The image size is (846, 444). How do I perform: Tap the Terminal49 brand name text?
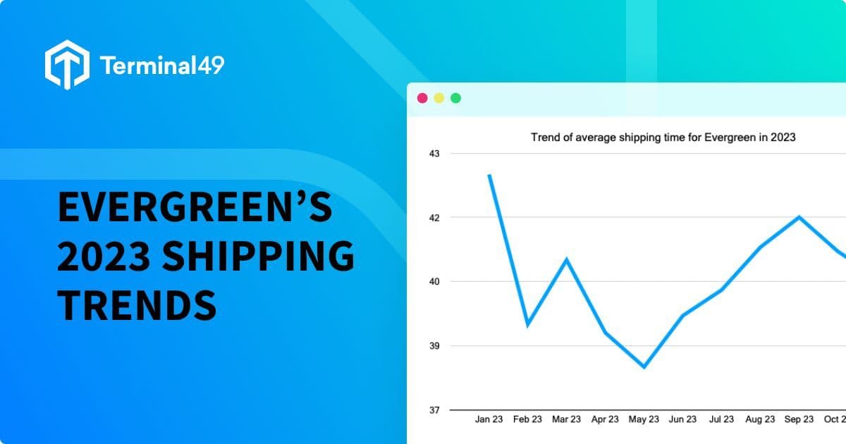[x=162, y=66]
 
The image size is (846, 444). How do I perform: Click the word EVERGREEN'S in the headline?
[x=195, y=209]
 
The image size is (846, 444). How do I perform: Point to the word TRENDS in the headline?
[x=136, y=304]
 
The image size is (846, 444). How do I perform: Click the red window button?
[x=422, y=98]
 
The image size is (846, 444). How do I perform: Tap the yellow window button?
[x=439, y=98]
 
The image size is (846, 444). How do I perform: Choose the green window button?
[x=455, y=98]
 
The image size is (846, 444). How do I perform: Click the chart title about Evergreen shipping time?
[x=663, y=137]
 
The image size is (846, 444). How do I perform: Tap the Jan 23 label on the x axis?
[x=489, y=419]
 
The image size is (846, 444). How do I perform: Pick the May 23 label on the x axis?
[x=644, y=419]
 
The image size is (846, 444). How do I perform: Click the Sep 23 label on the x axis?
[x=799, y=419]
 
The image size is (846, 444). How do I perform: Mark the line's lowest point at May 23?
[x=644, y=366]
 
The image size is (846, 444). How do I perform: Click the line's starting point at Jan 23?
[x=489, y=175]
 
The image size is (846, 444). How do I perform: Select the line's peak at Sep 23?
[x=799, y=217]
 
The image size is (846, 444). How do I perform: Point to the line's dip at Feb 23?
[x=528, y=324]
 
